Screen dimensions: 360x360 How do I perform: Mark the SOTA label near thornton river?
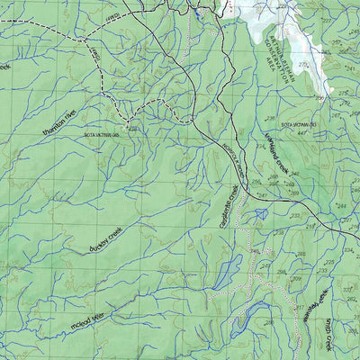pyautogui.click(x=102, y=136)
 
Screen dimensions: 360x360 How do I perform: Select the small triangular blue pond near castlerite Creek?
pyautogui.click(x=261, y=213)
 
